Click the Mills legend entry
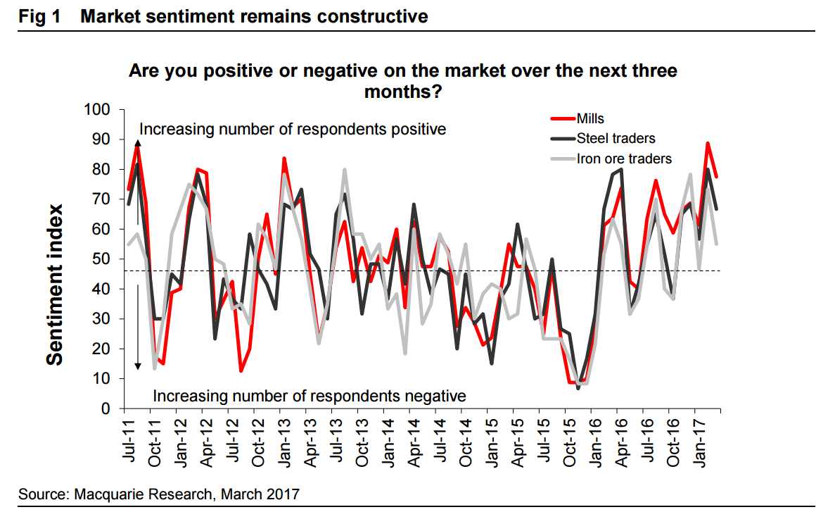(x=590, y=118)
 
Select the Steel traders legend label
(x=616, y=138)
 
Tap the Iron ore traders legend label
(x=624, y=158)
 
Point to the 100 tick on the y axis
(x=97, y=110)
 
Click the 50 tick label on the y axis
(x=101, y=259)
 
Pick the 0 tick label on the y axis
(x=106, y=408)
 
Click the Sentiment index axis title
(x=56, y=285)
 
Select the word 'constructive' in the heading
(x=372, y=15)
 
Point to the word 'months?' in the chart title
(x=402, y=91)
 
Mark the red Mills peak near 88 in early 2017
(x=707, y=144)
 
